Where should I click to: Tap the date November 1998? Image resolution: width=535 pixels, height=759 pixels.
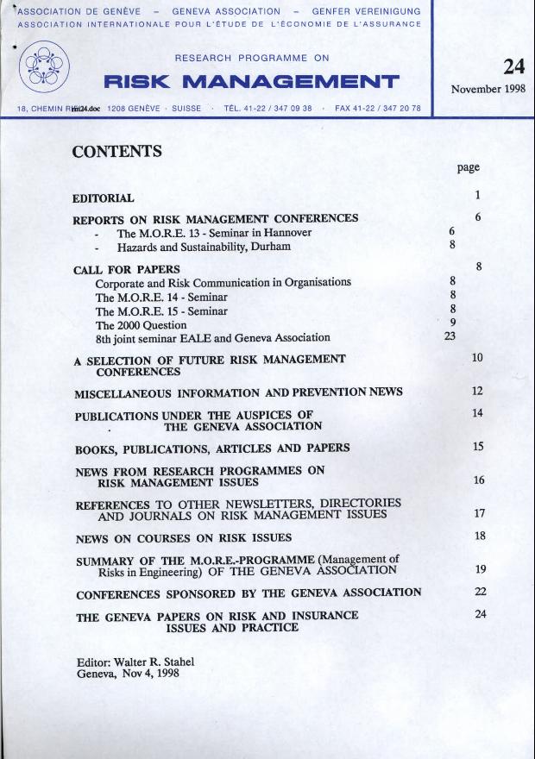pos(488,89)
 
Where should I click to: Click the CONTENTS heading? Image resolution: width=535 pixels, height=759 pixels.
pos(117,152)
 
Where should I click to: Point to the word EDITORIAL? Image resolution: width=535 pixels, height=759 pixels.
pos(103,198)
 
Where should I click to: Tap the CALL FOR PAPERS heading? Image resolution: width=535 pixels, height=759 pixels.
pos(126,269)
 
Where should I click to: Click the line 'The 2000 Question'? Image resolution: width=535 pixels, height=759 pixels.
pos(141,325)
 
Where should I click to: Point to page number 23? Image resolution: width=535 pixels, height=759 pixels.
pos(450,336)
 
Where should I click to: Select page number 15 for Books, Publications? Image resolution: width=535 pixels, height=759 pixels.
pos(479,447)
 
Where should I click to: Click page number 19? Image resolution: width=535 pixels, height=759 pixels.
pos(481,569)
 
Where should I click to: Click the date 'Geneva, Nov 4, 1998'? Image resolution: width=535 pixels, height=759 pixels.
pos(128,674)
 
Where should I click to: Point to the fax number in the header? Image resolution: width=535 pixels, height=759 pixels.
pos(377,109)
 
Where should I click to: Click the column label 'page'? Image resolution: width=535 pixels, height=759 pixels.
pos(469,167)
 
